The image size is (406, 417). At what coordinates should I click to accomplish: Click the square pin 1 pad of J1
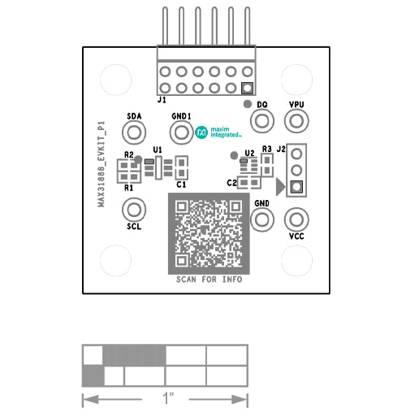(247, 89)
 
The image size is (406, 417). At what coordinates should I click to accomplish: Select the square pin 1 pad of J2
(296, 187)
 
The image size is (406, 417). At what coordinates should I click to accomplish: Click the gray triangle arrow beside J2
(280, 187)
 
